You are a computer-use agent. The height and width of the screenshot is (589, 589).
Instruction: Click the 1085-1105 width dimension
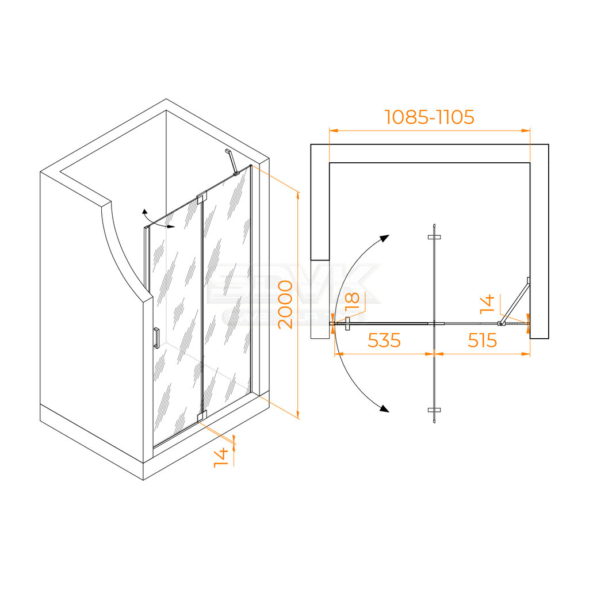(x=429, y=117)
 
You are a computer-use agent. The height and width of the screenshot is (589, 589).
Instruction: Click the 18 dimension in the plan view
(x=353, y=301)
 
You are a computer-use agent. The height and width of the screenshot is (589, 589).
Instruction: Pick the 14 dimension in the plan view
(x=487, y=303)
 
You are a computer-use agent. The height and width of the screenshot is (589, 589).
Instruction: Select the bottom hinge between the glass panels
(x=201, y=416)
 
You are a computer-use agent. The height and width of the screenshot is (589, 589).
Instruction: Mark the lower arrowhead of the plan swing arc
(x=383, y=408)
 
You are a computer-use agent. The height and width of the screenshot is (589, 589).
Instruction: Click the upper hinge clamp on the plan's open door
(x=434, y=237)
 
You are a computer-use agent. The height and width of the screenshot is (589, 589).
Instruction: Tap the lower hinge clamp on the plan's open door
(x=434, y=410)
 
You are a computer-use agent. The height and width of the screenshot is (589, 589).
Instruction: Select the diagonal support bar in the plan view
(x=515, y=302)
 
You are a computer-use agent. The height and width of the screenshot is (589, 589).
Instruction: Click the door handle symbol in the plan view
(x=347, y=324)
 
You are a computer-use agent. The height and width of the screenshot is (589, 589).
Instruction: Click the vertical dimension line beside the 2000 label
(x=298, y=305)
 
